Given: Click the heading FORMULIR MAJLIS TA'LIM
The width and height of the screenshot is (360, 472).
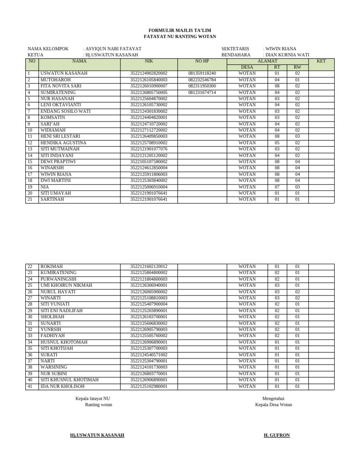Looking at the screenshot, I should pos(180,30).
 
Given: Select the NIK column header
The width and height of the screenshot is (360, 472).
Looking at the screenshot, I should pos(149,61).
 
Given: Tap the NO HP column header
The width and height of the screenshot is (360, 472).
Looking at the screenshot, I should pos(202,61).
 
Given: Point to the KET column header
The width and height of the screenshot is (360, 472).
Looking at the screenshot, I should pos(321,61).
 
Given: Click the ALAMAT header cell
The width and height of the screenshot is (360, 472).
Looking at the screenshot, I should pos(267,61).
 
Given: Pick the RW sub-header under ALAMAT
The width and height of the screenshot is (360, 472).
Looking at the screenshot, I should pos(297,67).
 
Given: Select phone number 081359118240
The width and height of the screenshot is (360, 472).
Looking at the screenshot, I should pos(202,74).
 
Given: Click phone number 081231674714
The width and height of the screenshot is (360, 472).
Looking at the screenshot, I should pos(202,92).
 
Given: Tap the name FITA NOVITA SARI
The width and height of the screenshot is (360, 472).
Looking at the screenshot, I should pos(61,86).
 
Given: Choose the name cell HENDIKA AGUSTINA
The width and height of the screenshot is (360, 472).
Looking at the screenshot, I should pos(63,143).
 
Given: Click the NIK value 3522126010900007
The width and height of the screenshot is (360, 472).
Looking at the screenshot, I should pos(149,86).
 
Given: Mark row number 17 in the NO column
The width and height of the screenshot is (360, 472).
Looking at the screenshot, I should pos(30,174).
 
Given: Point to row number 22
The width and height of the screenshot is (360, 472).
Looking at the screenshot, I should pos(30,266).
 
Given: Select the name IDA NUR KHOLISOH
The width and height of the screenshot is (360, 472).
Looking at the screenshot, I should pos(62,386).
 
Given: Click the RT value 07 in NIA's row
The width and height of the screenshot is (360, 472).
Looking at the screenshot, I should pos(277,187).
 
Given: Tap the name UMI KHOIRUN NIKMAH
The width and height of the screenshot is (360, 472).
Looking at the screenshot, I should pos(66,285).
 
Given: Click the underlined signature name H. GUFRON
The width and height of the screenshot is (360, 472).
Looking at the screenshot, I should pos(277,435).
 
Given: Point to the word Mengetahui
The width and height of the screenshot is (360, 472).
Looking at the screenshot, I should pos(273,398).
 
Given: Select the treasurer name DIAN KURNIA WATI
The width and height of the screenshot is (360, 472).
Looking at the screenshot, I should pos(287,55).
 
